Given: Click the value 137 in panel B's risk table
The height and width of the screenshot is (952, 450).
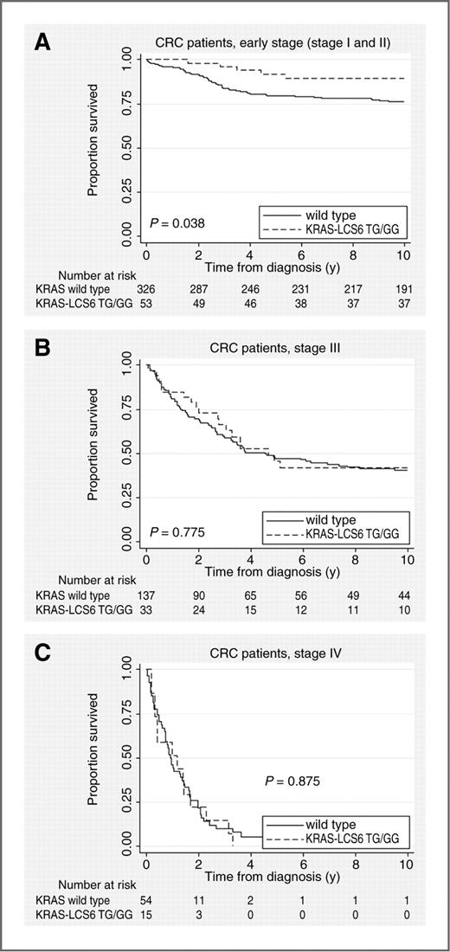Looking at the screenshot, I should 145,595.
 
